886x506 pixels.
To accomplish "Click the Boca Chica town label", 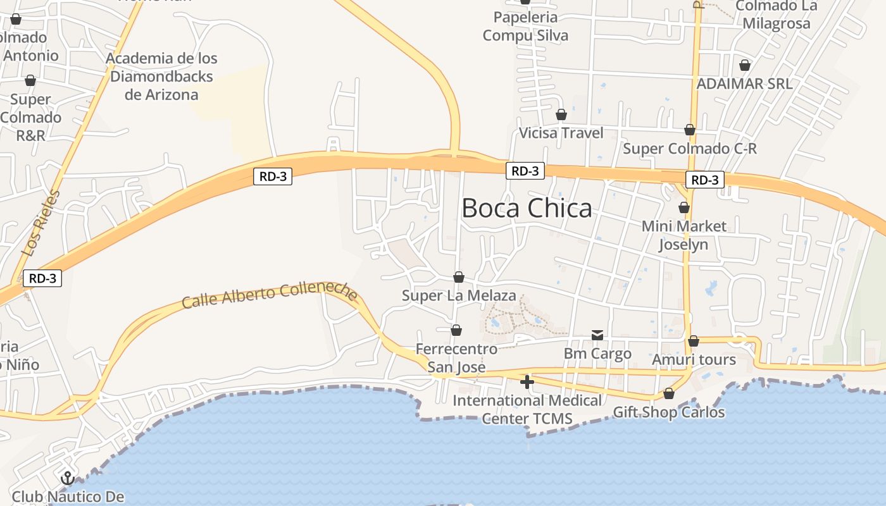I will pyautogui.click(x=527, y=208).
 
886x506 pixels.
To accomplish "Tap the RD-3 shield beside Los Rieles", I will pyautogui.click(x=42, y=278).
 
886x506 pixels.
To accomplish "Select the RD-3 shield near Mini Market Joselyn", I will pyautogui.click(x=705, y=180).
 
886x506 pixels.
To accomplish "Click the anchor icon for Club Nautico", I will pyautogui.click(x=67, y=478).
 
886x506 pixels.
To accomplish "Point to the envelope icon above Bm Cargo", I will pyautogui.click(x=597, y=335).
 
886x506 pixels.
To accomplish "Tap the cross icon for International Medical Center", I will pyautogui.click(x=527, y=381).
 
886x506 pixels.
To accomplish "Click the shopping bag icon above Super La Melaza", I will pyautogui.click(x=459, y=277).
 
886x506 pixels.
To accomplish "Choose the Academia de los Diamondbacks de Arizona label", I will pyautogui.click(x=162, y=77).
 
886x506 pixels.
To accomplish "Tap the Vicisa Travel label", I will pyautogui.click(x=561, y=133).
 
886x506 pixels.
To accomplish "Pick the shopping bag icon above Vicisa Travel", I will pyautogui.click(x=561, y=114).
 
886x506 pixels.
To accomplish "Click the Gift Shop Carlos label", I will pyautogui.click(x=669, y=412).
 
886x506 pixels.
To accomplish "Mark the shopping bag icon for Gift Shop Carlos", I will pyautogui.click(x=669, y=394).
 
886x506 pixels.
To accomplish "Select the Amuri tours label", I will pyautogui.click(x=694, y=360).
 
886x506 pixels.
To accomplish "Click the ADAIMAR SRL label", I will pyautogui.click(x=744, y=83).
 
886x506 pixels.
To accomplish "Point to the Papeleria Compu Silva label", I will pyautogui.click(x=525, y=27).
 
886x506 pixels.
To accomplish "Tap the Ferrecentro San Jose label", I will pyautogui.click(x=456, y=358).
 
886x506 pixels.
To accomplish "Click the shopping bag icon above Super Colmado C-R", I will pyautogui.click(x=690, y=130).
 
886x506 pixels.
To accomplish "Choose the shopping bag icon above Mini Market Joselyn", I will pyautogui.click(x=683, y=207).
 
